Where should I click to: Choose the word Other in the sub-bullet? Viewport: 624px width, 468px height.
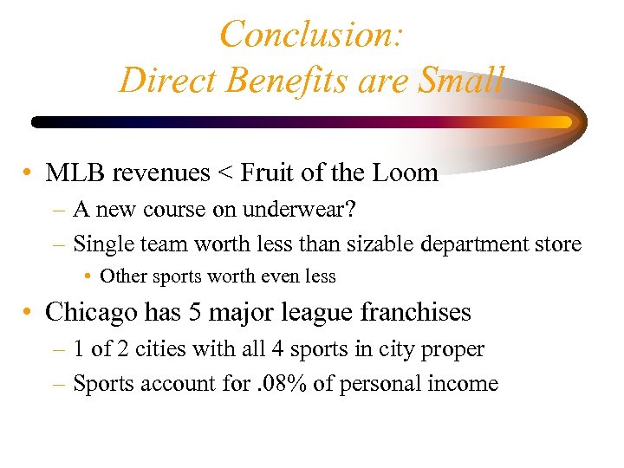pyautogui.click(x=124, y=276)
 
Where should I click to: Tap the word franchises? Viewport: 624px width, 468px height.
pyautogui.click(x=415, y=311)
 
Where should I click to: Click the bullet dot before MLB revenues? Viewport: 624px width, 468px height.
pyautogui.click(x=29, y=173)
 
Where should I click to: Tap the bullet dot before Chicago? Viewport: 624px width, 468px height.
pyautogui.click(x=29, y=312)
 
